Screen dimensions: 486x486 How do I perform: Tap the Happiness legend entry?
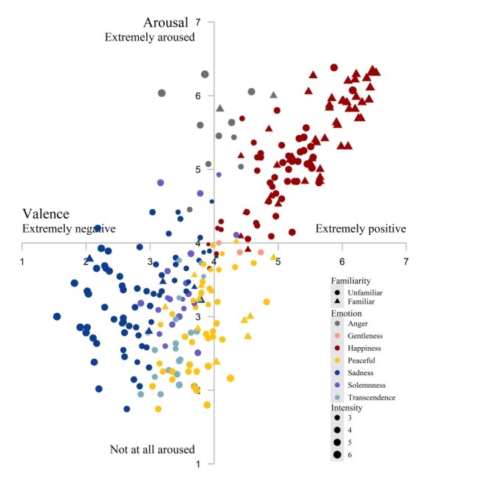click(x=359, y=348)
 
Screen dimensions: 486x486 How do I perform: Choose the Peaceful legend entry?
click(x=356, y=360)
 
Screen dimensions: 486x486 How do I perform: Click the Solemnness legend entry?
click(x=361, y=385)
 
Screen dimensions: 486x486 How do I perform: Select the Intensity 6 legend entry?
click(x=343, y=455)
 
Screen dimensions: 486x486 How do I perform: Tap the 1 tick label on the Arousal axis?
click(x=198, y=464)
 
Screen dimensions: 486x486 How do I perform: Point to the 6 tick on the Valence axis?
click(x=342, y=262)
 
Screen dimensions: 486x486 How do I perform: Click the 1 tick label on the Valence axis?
click(x=22, y=262)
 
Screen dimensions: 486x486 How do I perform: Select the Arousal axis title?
click(x=165, y=23)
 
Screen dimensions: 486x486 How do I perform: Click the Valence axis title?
click(x=46, y=214)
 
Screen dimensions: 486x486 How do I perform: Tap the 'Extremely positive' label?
click(x=360, y=229)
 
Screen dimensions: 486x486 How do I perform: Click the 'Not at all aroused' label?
click(x=152, y=449)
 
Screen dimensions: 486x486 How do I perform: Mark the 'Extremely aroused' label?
click(x=150, y=37)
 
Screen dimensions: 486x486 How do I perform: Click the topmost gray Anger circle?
click(x=205, y=75)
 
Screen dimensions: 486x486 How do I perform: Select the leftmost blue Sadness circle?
click(x=57, y=316)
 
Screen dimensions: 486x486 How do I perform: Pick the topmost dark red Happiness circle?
click(x=334, y=67)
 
